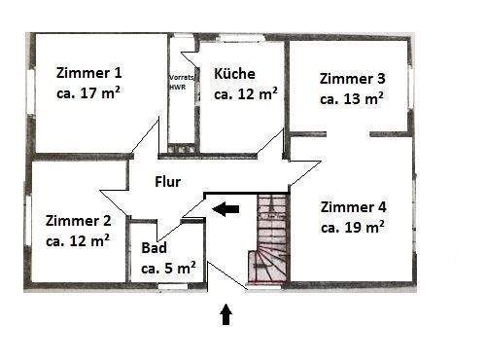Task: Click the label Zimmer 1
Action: click(89, 73)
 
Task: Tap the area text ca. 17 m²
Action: click(89, 94)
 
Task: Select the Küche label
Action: click(235, 73)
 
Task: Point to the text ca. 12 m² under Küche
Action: click(246, 94)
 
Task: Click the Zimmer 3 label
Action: click(352, 78)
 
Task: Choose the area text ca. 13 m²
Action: click(352, 98)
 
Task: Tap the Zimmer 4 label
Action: click(353, 206)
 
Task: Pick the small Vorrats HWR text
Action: click(179, 81)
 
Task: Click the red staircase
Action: click(269, 238)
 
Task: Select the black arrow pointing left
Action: click(228, 207)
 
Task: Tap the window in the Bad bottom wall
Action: click(173, 285)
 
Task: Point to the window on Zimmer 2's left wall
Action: click(28, 225)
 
